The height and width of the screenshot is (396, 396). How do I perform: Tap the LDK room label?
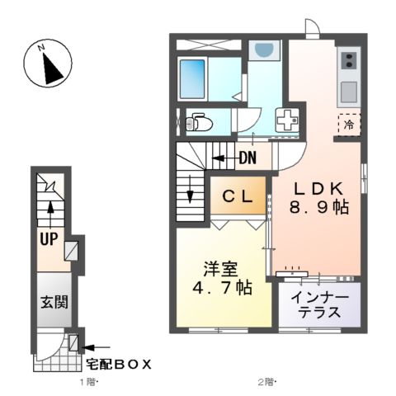(x=318, y=186)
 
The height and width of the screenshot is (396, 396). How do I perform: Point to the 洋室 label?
(x=220, y=269)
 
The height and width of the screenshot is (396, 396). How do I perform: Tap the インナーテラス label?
(x=318, y=306)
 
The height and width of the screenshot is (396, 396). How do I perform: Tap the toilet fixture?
(x=199, y=124)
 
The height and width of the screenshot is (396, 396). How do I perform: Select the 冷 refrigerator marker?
(x=349, y=125)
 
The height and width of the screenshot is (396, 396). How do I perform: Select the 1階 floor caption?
(x=88, y=382)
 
